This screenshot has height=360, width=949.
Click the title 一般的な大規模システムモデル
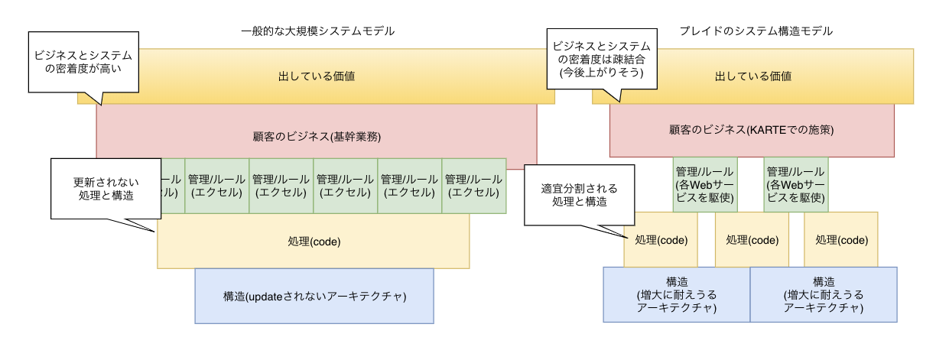pyautogui.click(x=317, y=31)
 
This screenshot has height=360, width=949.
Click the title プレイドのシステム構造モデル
pyautogui.click(x=756, y=31)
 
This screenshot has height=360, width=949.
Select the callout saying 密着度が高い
pyautogui.click(x=83, y=62)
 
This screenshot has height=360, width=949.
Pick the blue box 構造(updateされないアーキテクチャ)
pyautogui.click(x=314, y=296)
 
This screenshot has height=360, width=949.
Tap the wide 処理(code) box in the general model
pyautogui.click(x=314, y=242)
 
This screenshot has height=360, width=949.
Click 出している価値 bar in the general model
pyautogui.click(x=316, y=76)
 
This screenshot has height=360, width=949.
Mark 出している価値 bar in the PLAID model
pyautogui.click(x=752, y=76)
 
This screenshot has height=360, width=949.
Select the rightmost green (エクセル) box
pyautogui.click(x=473, y=186)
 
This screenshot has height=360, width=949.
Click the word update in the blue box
pyautogui.click(x=268, y=296)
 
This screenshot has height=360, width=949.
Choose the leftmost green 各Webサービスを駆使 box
pyautogui.click(x=704, y=185)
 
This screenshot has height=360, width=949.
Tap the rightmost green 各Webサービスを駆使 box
pyautogui.click(x=796, y=185)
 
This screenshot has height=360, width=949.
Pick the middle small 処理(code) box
pyautogui.click(x=752, y=239)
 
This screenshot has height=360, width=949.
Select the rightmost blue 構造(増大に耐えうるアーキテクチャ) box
pyautogui.click(x=823, y=294)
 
